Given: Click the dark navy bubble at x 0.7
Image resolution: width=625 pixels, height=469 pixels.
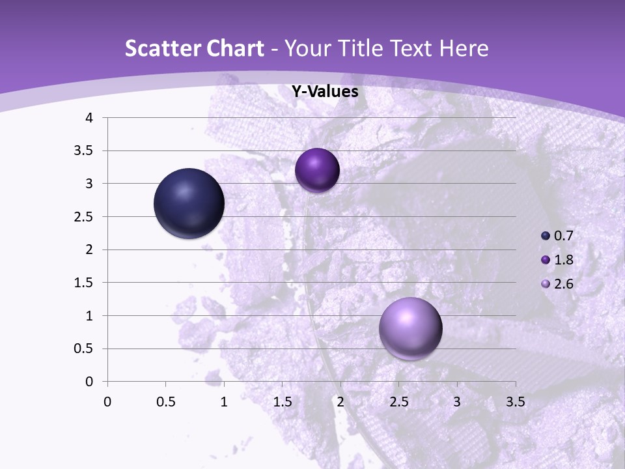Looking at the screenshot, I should click(x=189, y=203).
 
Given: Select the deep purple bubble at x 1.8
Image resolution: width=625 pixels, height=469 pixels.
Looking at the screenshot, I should click(x=317, y=170).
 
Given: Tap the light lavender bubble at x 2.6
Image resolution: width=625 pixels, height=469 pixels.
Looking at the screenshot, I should click(x=410, y=329).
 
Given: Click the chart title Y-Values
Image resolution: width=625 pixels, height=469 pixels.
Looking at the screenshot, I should click(x=324, y=92).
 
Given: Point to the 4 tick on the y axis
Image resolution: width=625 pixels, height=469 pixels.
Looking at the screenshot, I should click(x=89, y=118).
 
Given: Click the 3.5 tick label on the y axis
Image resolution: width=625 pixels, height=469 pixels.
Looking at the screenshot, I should click(x=84, y=151).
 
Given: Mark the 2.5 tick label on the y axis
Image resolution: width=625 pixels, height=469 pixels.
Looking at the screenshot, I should click(x=84, y=217).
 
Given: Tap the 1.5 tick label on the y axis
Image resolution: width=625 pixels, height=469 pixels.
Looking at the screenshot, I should click(x=84, y=283).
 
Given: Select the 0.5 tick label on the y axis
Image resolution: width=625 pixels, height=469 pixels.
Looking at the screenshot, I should click(x=84, y=348).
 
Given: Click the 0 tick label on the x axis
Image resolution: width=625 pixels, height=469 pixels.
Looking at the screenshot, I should click(x=107, y=402).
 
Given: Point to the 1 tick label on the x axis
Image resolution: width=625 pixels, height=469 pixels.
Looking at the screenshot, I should click(x=224, y=402).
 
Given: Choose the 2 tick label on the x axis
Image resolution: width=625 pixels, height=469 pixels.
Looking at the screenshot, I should click(x=340, y=402).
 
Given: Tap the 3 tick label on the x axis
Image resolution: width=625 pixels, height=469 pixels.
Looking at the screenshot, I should click(x=457, y=402).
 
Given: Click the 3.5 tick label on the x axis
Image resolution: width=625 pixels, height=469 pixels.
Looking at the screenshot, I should click(x=515, y=402).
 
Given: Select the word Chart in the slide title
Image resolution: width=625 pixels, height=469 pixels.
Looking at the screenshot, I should click(x=235, y=48).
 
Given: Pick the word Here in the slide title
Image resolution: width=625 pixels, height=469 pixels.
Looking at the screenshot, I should click(x=464, y=48).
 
